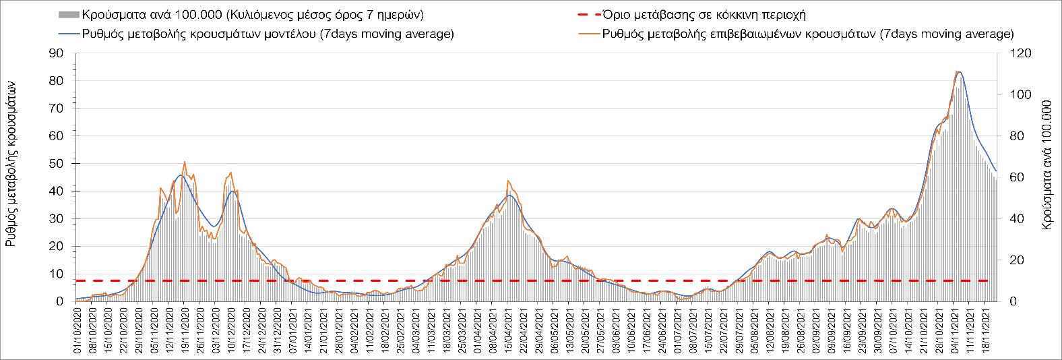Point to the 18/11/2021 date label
pyautogui.click(x=985, y=330)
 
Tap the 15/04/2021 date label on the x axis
pyautogui.click(x=507, y=330)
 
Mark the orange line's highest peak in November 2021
pyautogui.click(x=957, y=71)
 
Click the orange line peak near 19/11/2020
pyautogui.click(x=185, y=162)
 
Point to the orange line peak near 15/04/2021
pyautogui.click(x=507, y=181)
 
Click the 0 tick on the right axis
pyautogui.click(x=1004, y=301)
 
